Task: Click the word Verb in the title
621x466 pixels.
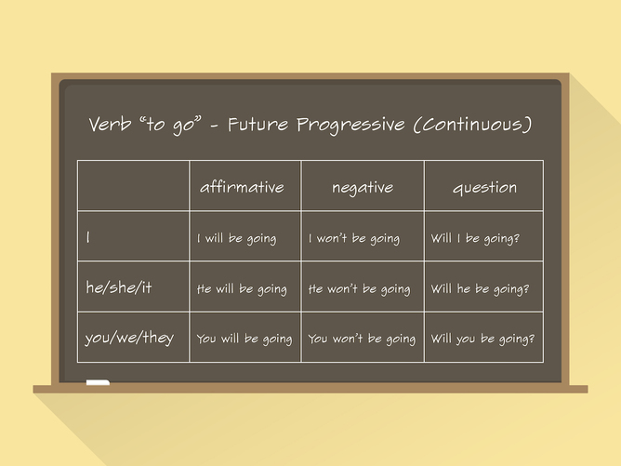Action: click(x=110, y=125)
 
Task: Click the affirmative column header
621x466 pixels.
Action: click(x=242, y=187)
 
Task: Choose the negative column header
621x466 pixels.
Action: click(x=363, y=187)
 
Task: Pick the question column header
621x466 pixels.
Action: click(x=484, y=187)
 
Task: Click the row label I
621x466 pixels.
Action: click(x=88, y=238)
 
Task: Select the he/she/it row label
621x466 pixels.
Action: click(x=118, y=288)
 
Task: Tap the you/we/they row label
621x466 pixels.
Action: click(x=129, y=339)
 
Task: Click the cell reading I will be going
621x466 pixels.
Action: click(x=236, y=239)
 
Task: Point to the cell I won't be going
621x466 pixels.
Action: click(x=353, y=239)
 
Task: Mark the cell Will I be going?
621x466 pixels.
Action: click(x=475, y=239)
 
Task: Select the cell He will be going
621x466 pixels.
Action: click(x=242, y=289)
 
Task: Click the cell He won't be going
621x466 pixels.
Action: click(x=359, y=289)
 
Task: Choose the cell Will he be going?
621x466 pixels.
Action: click(x=480, y=289)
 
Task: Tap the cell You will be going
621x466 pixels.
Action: click(x=244, y=340)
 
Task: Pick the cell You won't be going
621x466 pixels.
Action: click(x=362, y=340)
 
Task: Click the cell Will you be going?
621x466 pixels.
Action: click(x=482, y=340)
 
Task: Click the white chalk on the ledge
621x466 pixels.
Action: click(x=98, y=382)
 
